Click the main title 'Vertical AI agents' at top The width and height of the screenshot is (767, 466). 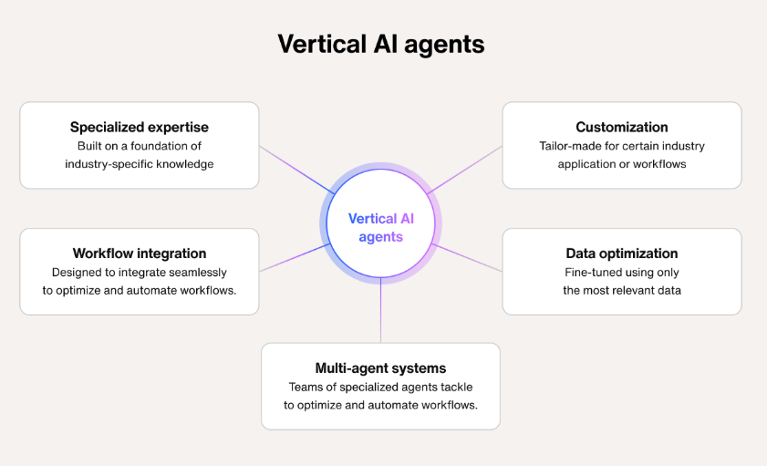(381, 44)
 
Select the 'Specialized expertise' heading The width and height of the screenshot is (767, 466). (139, 127)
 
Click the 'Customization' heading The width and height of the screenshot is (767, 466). (621, 127)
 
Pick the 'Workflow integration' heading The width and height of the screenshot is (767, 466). (139, 254)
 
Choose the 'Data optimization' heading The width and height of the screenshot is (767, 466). (621, 254)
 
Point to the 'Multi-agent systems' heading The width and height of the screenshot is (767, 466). (380, 368)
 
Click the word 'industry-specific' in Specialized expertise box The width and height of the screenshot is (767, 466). (109, 163)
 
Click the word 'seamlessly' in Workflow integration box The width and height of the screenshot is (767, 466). (195, 273)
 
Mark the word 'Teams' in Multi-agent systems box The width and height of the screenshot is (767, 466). (306, 388)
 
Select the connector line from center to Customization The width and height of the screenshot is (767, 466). (465, 170)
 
